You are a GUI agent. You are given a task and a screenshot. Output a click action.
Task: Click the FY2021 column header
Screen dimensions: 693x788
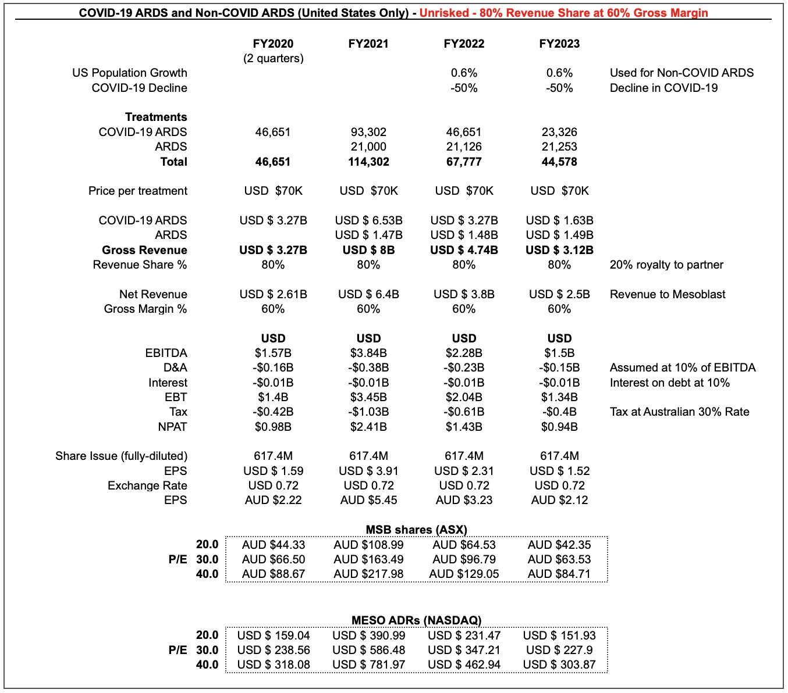click(x=368, y=44)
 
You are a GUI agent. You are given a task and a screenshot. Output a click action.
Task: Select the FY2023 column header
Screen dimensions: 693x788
click(x=559, y=44)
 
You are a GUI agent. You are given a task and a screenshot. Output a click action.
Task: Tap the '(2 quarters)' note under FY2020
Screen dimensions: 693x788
click(x=273, y=58)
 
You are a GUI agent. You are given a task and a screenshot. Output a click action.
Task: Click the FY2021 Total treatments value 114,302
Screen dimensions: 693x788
click(x=368, y=162)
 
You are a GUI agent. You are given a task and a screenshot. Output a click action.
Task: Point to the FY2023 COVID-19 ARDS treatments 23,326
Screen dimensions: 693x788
click(x=559, y=132)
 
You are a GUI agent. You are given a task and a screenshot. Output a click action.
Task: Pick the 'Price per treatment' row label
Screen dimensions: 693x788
click(x=138, y=191)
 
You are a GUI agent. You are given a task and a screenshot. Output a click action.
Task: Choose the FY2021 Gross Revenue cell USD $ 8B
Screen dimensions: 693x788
click(x=368, y=250)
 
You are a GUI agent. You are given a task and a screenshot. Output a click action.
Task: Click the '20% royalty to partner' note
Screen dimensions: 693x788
click(x=666, y=265)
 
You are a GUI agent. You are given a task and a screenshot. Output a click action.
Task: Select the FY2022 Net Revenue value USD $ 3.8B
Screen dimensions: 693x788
click(x=464, y=294)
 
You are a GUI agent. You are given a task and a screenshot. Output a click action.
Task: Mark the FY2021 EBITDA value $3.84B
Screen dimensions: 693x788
click(x=368, y=353)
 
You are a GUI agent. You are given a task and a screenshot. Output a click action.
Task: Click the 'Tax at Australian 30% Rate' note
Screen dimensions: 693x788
click(x=679, y=412)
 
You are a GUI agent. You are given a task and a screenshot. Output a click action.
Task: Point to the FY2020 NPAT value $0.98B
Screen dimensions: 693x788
click(x=273, y=427)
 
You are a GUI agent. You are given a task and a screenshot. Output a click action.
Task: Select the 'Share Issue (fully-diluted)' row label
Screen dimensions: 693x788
click(x=121, y=456)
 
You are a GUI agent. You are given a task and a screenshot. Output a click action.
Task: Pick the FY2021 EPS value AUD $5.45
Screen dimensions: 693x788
click(x=368, y=500)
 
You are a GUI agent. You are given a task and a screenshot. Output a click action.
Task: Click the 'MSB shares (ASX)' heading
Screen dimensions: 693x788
click(x=416, y=530)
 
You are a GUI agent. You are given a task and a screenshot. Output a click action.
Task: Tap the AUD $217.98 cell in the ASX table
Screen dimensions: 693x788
click(x=368, y=574)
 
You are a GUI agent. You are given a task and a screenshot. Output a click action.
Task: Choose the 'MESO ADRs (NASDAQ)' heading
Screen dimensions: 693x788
click(x=416, y=620)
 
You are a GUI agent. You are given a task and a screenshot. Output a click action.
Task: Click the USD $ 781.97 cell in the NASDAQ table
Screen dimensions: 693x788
click(x=368, y=665)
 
